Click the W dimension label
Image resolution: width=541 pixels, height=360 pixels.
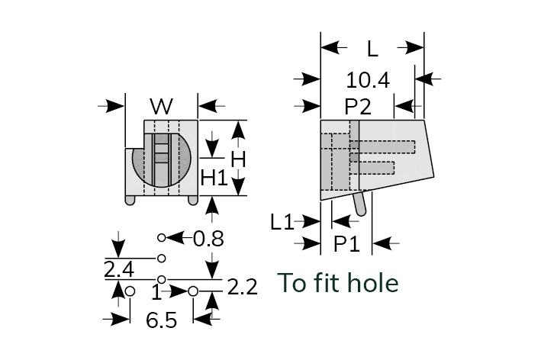point(161,105)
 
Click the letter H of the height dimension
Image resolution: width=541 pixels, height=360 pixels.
point(238,159)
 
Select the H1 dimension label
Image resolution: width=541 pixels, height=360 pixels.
point(214,178)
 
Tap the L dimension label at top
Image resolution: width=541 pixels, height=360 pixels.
point(372,50)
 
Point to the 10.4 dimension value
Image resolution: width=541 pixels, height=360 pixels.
point(367,79)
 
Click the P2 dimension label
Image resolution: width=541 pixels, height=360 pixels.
point(357,106)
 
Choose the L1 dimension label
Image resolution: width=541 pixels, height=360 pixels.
point(282,222)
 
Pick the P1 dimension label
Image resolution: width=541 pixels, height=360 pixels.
point(347,244)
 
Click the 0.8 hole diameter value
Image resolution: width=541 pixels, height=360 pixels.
point(208,239)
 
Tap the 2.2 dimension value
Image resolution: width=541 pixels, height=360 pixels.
point(242,288)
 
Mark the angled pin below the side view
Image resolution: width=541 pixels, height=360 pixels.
point(361,203)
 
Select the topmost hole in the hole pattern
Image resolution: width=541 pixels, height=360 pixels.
point(161,238)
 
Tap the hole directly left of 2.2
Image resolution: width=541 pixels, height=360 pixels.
point(193,291)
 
